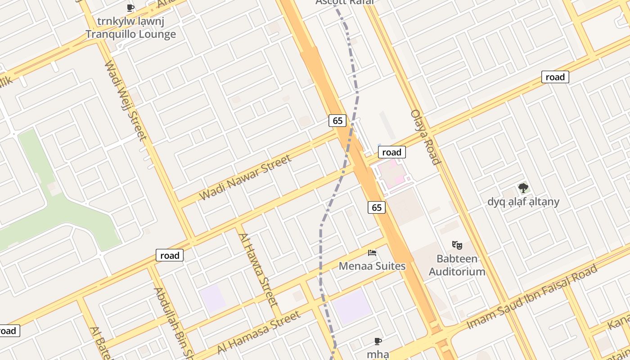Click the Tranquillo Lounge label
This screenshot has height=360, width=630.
click(130, 34)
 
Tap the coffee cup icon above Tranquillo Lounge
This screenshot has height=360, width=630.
click(130, 8)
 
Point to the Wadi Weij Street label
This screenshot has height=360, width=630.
click(126, 100)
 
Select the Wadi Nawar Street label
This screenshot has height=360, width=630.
click(245, 177)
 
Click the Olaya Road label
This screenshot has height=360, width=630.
click(424, 137)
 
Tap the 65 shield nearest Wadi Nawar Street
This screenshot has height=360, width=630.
click(338, 120)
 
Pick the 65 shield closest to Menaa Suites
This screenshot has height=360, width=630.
click(377, 207)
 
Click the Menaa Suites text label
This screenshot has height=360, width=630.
click(372, 266)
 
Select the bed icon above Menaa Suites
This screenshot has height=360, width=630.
click(372, 253)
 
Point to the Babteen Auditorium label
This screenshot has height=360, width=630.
click(457, 265)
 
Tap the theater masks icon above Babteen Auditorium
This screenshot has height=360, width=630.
click(457, 245)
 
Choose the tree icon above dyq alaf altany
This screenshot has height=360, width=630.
click(523, 188)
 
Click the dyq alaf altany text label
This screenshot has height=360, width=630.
click(523, 202)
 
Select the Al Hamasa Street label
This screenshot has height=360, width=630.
click(258, 332)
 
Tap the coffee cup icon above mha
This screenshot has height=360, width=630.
click(378, 342)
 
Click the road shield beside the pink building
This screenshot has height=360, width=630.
click(391, 152)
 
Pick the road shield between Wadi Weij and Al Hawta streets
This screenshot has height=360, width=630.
click(170, 255)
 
